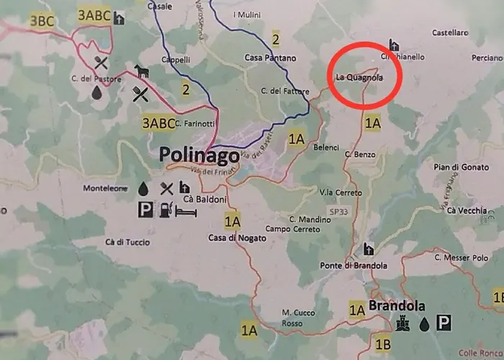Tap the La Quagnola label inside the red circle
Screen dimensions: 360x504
coord(358,76)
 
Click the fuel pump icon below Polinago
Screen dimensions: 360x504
coord(165,210)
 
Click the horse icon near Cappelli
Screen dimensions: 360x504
coord(141,71)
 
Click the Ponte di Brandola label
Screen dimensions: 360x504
coord(355,266)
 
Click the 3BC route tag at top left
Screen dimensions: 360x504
coord(42,20)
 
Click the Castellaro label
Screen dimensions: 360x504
coord(450,32)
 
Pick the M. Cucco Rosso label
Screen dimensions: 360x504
coord(295,318)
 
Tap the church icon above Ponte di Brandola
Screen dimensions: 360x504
coord(369,249)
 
